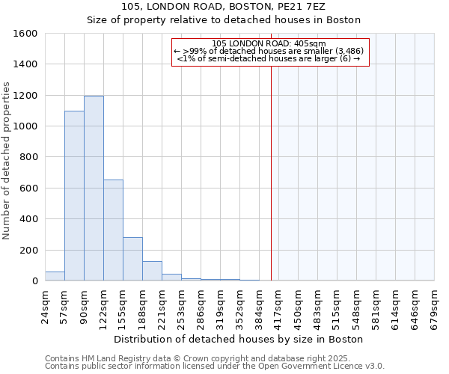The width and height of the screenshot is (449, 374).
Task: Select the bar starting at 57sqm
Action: click(74, 196)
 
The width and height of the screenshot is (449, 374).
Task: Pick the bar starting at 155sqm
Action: click(132, 259)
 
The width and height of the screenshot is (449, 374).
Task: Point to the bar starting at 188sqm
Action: click(152, 271)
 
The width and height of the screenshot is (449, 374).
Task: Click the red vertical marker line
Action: click(271, 165)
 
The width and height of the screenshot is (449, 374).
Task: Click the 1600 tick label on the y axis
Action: click(25, 34)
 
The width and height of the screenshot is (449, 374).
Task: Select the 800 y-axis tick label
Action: click(28, 157)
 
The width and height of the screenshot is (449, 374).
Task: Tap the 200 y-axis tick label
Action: click(28, 250)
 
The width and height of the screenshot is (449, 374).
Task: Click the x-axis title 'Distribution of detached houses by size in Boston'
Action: click(239, 339)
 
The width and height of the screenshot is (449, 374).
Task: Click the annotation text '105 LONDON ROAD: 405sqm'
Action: click(269, 43)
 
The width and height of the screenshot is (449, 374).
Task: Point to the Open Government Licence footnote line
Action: click(215, 366)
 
